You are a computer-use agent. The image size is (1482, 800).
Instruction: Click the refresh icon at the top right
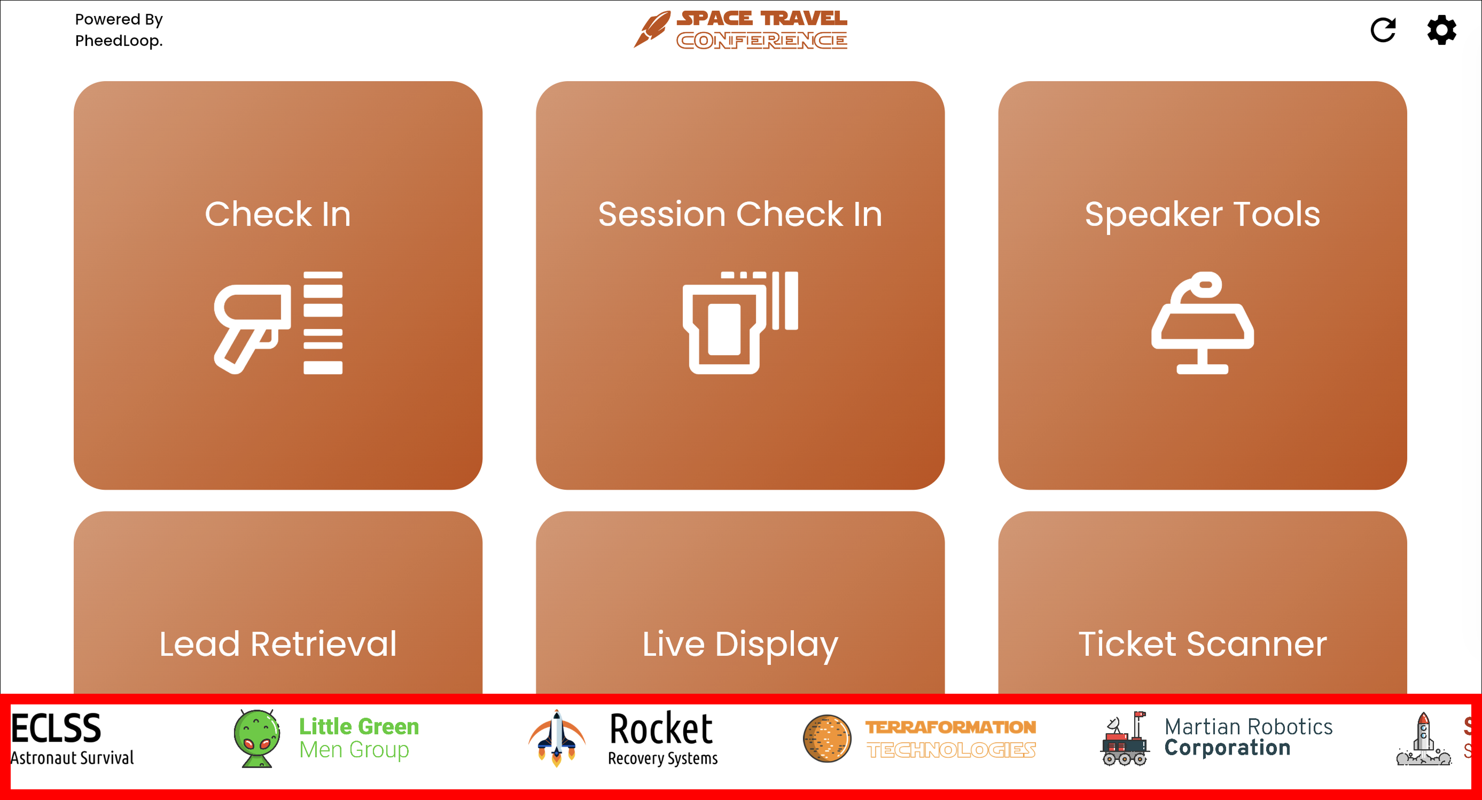[1383, 30]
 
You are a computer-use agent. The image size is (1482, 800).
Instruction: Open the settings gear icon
[1442, 30]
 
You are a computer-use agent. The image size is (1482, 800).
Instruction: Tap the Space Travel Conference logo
[740, 30]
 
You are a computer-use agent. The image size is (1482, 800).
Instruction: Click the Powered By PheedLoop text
[119, 30]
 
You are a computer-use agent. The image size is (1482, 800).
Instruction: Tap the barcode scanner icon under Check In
[278, 323]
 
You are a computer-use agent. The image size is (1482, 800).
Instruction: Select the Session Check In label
[740, 214]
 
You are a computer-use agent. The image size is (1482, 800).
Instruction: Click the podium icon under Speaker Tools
[1203, 323]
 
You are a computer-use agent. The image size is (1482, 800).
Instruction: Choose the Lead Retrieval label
[278, 643]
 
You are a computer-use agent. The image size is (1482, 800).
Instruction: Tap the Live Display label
[740, 644]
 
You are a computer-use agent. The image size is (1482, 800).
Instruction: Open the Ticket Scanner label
[1203, 643]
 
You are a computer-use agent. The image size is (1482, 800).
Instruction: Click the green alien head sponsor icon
[256, 739]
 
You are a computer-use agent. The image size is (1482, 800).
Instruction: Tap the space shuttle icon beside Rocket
[556, 739]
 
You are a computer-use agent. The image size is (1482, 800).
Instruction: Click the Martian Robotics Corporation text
[1249, 738]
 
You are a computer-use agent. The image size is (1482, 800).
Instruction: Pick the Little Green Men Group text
[359, 738]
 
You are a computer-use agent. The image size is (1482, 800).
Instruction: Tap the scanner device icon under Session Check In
[740, 323]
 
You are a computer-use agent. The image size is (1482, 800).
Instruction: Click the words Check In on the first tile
[278, 214]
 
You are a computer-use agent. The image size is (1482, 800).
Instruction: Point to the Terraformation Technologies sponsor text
[951, 739]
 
